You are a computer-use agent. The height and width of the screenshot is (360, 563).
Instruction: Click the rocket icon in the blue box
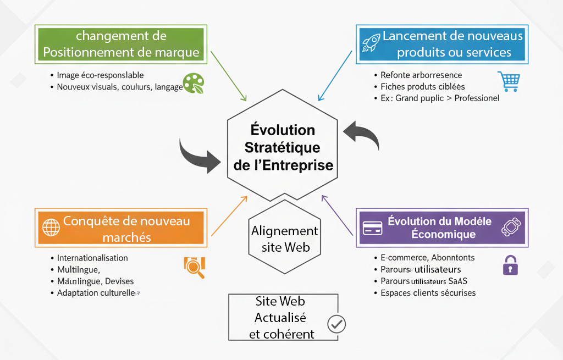[370, 43]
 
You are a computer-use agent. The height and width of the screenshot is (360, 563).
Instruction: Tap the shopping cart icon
[507, 81]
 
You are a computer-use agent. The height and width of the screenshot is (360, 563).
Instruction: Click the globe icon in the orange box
[51, 227]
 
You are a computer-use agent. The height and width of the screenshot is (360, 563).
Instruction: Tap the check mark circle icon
[336, 324]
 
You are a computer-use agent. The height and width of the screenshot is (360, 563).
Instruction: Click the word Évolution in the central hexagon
[283, 130]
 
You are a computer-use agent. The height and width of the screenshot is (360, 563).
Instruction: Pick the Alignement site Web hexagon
[284, 239]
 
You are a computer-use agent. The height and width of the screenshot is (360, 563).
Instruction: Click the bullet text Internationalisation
[92, 258]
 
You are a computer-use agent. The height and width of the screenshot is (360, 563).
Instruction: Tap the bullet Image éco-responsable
[100, 75]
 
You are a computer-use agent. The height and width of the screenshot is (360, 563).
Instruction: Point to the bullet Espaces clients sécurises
[428, 293]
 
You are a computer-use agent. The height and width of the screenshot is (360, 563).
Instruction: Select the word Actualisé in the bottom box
[280, 318]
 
